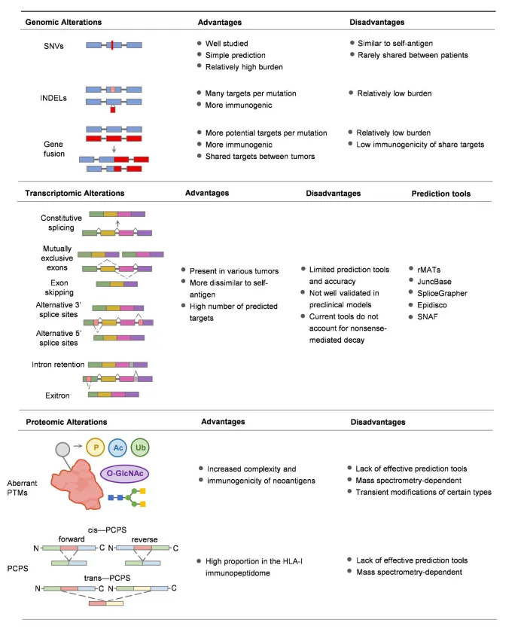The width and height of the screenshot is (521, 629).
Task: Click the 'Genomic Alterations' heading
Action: (x=63, y=23)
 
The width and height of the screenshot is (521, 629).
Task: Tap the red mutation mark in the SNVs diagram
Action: (x=112, y=45)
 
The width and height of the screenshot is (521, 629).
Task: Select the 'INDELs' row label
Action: (x=53, y=98)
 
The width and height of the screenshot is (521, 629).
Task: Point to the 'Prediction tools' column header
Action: (x=440, y=194)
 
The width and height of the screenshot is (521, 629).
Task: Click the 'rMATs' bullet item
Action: (x=428, y=270)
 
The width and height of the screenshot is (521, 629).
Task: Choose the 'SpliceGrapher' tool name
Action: (x=442, y=293)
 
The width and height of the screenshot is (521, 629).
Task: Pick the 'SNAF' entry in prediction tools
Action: (x=427, y=317)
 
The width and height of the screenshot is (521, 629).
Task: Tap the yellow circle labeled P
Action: (x=96, y=447)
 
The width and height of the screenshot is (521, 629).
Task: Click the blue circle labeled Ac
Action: (x=118, y=447)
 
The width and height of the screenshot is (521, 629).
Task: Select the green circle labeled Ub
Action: (x=140, y=447)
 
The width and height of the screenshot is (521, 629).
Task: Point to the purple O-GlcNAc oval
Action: (x=125, y=474)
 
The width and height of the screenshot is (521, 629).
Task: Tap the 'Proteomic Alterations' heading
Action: (x=66, y=422)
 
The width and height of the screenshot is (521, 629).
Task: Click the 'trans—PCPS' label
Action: (x=107, y=578)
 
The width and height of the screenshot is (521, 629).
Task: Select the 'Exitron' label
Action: (x=57, y=395)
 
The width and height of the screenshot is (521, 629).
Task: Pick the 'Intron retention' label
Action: (x=58, y=365)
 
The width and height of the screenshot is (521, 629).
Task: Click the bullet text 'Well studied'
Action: (x=227, y=44)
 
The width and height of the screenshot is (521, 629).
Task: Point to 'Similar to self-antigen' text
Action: (x=395, y=44)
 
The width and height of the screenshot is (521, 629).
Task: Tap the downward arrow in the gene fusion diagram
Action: (x=114, y=149)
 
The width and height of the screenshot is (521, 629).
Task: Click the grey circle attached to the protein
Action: (x=62, y=449)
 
